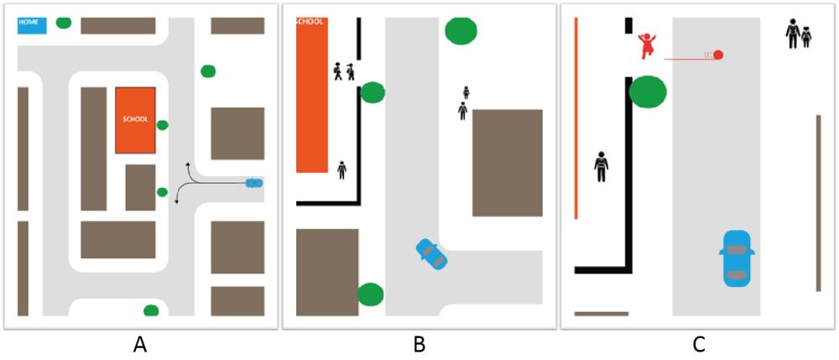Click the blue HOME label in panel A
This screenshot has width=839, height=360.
[x=31, y=23]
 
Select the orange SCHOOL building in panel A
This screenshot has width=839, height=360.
[x=135, y=120]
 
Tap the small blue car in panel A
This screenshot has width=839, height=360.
[x=253, y=182]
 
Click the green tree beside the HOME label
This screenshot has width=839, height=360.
[x=64, y=22]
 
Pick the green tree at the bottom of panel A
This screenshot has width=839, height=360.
[x=151, y=310]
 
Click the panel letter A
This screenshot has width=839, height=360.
[x=139, y=343]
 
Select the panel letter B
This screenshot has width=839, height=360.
[x=419, y=343]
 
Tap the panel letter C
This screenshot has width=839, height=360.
[x=698, y=343]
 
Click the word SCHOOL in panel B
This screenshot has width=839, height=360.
[x=310, y=22]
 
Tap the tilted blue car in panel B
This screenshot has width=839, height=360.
[x=431, y=254]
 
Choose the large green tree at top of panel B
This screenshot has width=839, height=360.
[x=461, y=30]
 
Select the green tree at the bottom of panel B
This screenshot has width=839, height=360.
[x=370, y=295]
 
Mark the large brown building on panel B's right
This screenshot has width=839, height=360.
[x=507, y=163]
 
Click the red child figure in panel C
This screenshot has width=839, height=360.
[x=646, y=46]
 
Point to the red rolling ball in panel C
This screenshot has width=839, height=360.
[x=718, y=55]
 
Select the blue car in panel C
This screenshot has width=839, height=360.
[x=737, y=256]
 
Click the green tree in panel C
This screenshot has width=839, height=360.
[x=648, y=91]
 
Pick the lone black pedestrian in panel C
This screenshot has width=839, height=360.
[x=601, y=167]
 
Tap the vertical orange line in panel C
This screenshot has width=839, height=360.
[x=576, y=117]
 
